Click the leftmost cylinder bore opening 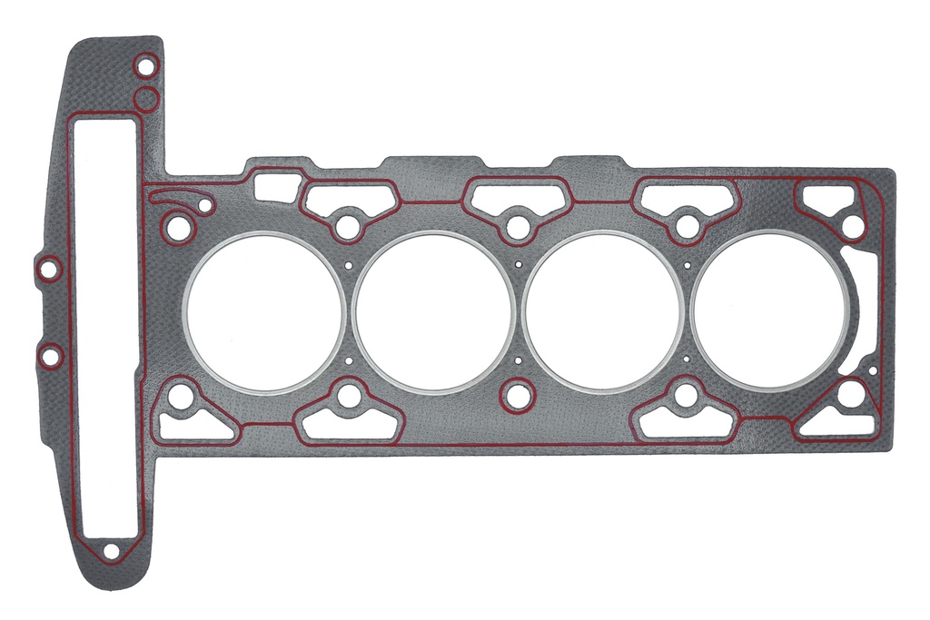(264, 312)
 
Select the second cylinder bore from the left (433, 312)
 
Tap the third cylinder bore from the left (603, 312)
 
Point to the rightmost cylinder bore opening (771, 312)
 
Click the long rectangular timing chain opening (107, 327)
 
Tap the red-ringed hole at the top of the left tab (144, 66)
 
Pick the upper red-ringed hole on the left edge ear (50, 269)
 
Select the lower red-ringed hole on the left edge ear (50, 355)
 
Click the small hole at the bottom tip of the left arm (111, 550)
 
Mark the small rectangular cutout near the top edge (277, 186)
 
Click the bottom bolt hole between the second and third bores (517, 395)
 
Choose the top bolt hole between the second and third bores (517, 225)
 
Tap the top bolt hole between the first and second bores (347, 225)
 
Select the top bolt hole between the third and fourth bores (688, 225)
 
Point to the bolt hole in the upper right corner (852, 225)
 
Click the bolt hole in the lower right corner (851, 395)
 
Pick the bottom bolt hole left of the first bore (182, 396)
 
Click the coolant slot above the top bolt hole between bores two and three (517, 193)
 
